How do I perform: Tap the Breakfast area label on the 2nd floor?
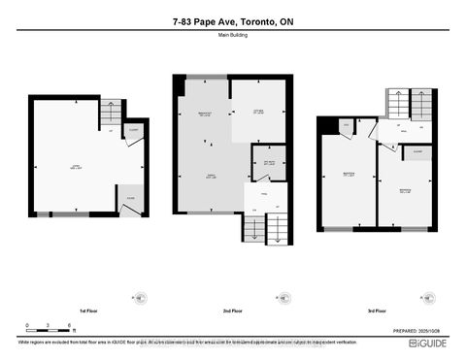(205, 115)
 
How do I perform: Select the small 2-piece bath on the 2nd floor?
(263, 162)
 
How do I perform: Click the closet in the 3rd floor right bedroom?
(417, 152)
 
